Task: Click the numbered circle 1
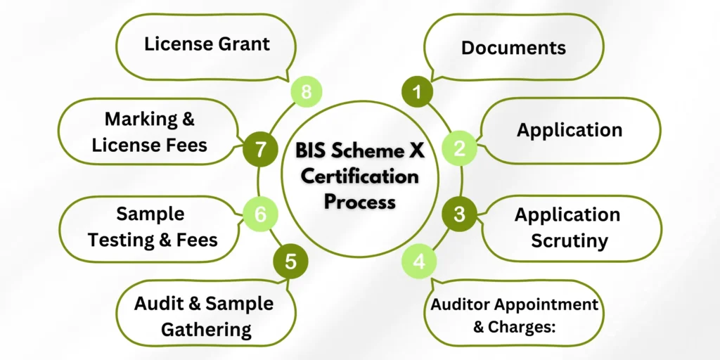click(417, 91)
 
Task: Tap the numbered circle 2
click(460, 148)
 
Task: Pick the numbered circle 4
click(419, 262)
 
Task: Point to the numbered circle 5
click(290, 262)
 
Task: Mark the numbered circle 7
click(260, 148)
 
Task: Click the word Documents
click(513, 47)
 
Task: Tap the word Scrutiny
click(570, 240)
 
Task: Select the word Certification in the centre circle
click(359, 176)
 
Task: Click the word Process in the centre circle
click(359, 201)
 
